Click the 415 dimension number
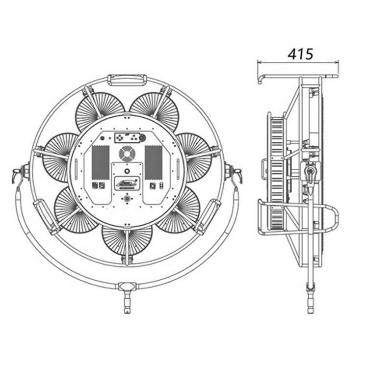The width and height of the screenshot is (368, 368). tap(300, 54)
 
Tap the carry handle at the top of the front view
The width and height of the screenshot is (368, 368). tap(127, 80)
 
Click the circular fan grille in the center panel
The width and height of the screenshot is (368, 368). tap(127, 154)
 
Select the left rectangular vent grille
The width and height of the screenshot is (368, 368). tap(101, 162)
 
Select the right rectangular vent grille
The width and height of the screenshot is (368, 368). tap(154, 162)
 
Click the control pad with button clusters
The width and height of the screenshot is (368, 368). tap(130, 138)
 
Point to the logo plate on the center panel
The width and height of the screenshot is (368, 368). tap(127, 184)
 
